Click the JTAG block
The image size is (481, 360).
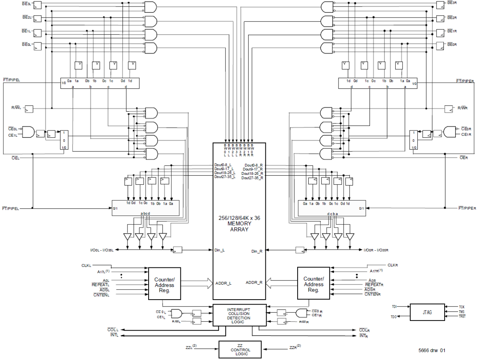(x=427, y=312)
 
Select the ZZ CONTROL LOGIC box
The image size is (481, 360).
(x=240, y=350)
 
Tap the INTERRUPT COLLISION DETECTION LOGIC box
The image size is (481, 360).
(x=239, y=316)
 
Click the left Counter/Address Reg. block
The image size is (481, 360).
(x=164, y=285)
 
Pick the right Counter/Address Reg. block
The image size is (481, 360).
(x=313, y=285)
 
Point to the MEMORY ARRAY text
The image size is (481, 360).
(x=239, y=226)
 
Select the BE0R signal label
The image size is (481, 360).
(x=452, y=45)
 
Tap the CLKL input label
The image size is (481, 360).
(x=86, y=265)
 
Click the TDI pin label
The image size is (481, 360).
(x=394, y=307)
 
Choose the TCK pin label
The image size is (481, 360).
(x=461, y=307)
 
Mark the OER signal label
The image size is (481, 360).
(x=464, y=158)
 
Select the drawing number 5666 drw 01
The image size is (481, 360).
(x=432, y=350)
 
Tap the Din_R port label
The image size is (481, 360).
(x=256, y=251)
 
